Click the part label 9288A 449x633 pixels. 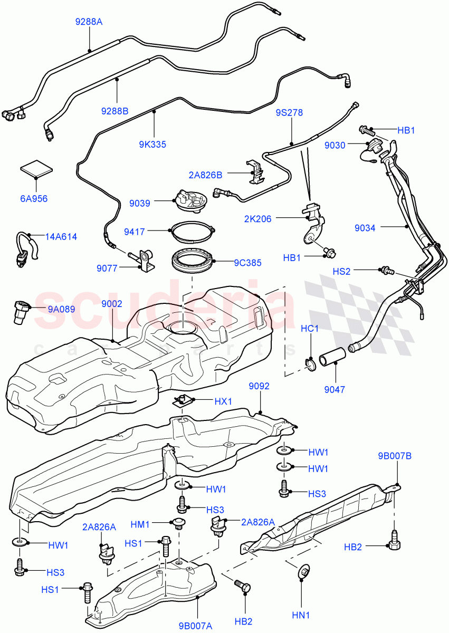[89, 22]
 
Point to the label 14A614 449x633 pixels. [61, 237]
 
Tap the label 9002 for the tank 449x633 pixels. [112, 303]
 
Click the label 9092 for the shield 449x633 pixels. [259, 386]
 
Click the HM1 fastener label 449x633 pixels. [141, 524]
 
